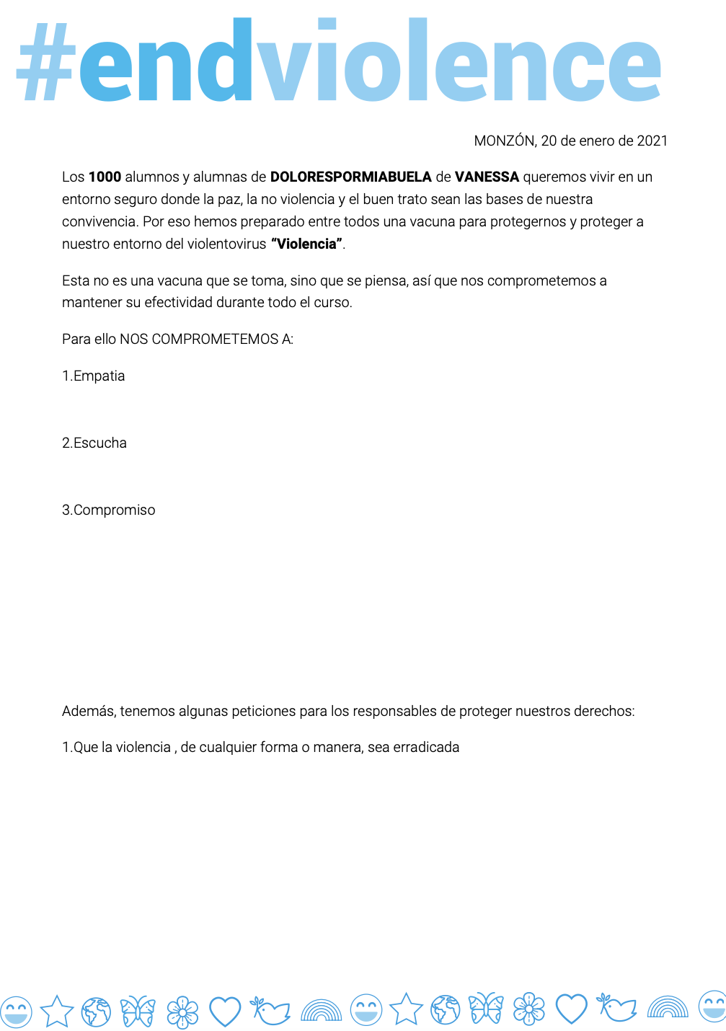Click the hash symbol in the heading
click(x=45, y=63)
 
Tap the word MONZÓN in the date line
click(x=504, y=141)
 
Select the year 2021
click(x=652, y=141)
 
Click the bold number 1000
click(x=105, y=177)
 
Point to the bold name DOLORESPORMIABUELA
click(x=350, y=177)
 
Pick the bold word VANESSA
click(x=487, y=177)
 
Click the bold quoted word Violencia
click(x=306, y=244)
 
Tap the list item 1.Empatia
click(x=94, y=376)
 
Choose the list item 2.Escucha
click(x=94, y=443)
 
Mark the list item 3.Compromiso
click(x=109, y=510)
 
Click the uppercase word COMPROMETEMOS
click(x=215, y=340)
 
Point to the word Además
click(x=89, y=712)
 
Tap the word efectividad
click(x=178, y=303)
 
